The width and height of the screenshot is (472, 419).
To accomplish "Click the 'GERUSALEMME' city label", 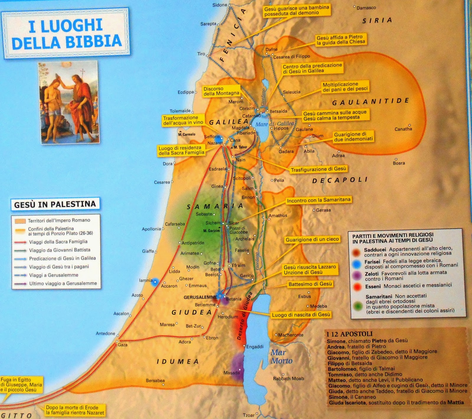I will pyautogui.click(x=200, y=297).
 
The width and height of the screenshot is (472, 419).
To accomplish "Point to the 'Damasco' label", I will pyautogui.click(x=366, y=8).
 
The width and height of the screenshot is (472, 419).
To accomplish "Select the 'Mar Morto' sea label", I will pyautogui.click(x=281, y=356).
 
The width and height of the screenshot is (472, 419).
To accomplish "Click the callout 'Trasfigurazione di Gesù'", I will pyautogui.click(x=318, y=169).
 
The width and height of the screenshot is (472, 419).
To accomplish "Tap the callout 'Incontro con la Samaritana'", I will pyautogui.click(x=319, y=200).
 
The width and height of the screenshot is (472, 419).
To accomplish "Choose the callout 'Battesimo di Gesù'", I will pyautogui.click(x=310, y=284).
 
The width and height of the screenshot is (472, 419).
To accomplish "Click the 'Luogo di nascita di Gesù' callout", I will pyautogui.click(x=301, y=315).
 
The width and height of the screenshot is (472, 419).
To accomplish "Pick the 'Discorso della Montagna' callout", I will pyautogui.click(x=221, y=91).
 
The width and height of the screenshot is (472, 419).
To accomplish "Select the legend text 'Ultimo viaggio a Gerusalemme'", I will pyautogui.click(x=63, y=283).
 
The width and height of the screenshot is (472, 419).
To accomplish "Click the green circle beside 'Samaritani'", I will pyautogui.click(x=358, y=306).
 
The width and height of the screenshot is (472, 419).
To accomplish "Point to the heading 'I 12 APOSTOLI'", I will pyautogui.click(x=349, y=334).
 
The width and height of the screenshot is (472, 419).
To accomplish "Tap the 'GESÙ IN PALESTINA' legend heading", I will pyautogui.click(x=55, y=204).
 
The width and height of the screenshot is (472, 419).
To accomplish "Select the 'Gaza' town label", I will pyautogui.click(x=122, y=345).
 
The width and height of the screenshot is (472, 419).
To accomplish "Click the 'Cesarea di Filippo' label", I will pyautogui.click(x=291, y=56).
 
